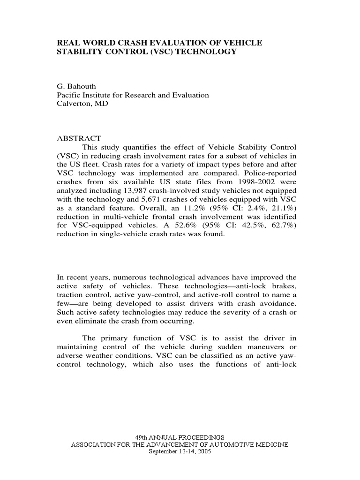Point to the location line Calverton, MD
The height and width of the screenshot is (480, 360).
tap(82, 104)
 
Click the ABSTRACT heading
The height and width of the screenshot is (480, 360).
tap(79, 138)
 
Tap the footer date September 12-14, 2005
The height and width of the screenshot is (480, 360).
tap(180, 451)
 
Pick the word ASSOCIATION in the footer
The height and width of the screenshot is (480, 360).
tap(92, 444)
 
